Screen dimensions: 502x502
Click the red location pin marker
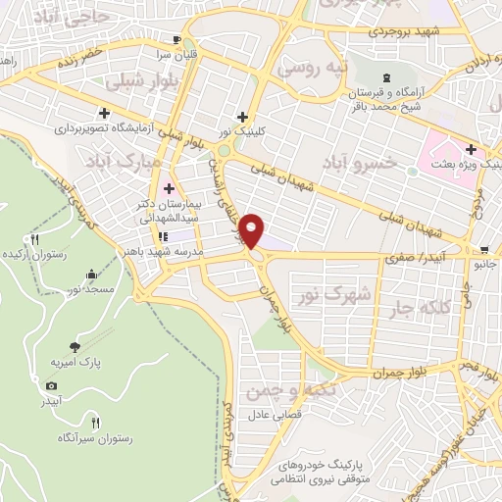[x=255, y=231]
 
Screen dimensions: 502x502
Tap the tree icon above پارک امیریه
[x=75, y=345]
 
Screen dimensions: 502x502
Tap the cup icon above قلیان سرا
[x=176, y=40]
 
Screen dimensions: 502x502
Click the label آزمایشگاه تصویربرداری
[x=102, y=128]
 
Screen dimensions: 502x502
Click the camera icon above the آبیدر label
[x=52, y=386]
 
